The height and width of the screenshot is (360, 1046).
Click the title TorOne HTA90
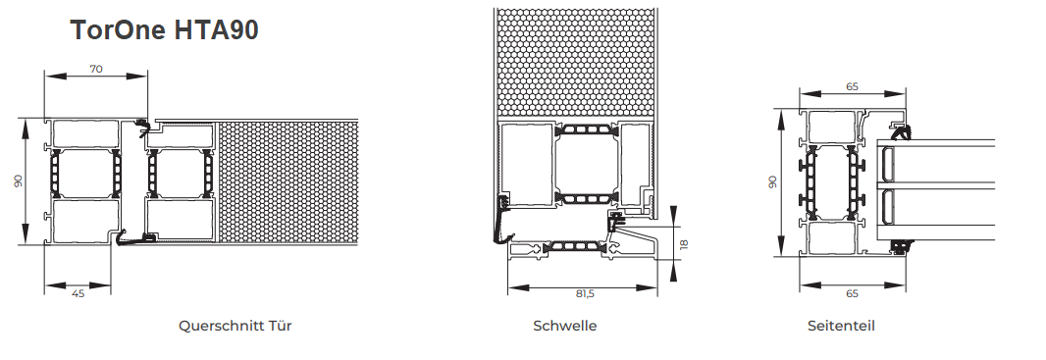[x=164, y=30]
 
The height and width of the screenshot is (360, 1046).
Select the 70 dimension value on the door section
[x=96, y=68]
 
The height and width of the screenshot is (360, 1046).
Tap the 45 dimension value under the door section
[x=78, y=293]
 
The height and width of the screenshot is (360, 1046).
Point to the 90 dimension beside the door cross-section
[x=18, y=180]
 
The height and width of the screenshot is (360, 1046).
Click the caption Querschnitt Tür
[x=235, y=326]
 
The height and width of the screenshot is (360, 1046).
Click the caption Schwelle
[x=565, y=326]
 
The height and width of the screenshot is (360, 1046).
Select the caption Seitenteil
[x=841, y=326]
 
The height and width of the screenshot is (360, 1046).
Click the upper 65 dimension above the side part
[x=852, y=86]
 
